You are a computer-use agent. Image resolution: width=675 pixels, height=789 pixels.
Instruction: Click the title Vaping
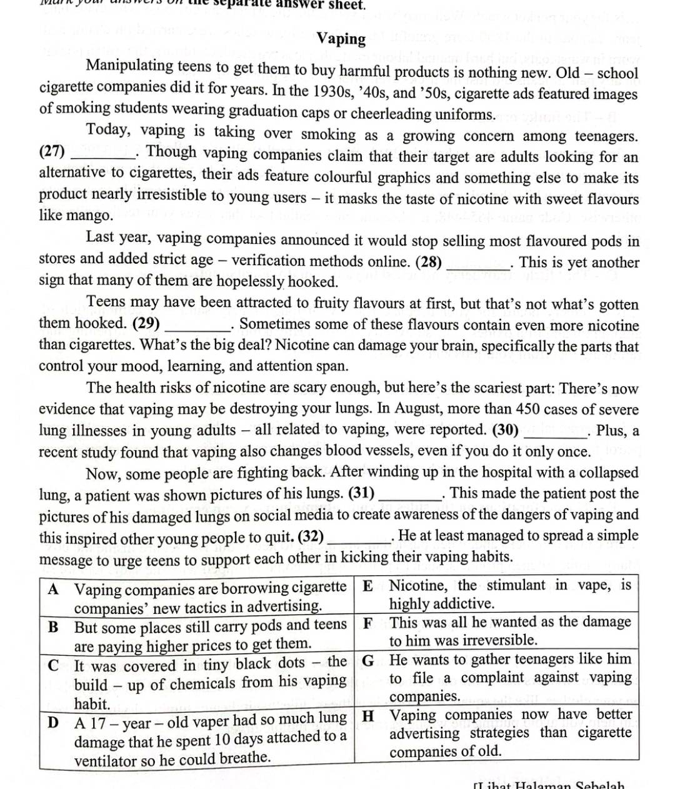pos(341,39)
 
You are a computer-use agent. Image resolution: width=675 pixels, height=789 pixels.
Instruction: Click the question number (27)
pos(52,151)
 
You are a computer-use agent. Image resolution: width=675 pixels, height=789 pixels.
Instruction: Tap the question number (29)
pos(146,324)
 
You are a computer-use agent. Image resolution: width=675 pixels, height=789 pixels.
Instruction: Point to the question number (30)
pos(506,430)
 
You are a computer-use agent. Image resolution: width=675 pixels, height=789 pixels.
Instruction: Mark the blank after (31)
pos(409,495)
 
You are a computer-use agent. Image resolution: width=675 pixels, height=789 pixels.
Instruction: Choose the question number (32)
pos(311,536)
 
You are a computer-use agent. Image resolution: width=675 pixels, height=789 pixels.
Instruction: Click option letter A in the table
pos(54,589)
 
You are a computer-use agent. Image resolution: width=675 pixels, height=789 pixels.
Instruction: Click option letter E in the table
pos(368,586)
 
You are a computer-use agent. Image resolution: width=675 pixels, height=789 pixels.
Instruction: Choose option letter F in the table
pos(368,623)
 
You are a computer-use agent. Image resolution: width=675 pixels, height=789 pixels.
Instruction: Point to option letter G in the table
pos(368,660)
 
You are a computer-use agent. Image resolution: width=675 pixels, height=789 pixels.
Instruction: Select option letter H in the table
pos(369,715)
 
